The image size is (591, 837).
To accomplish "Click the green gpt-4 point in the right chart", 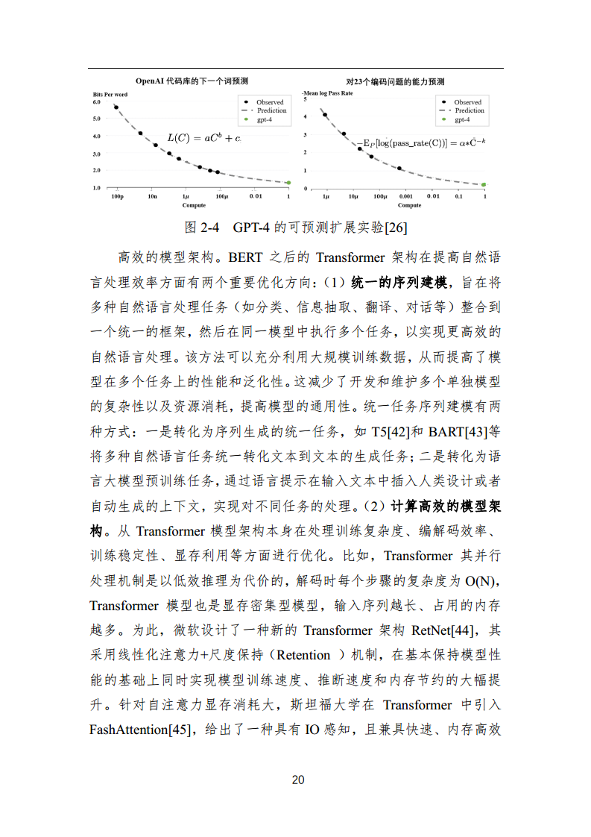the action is tap(484, 184).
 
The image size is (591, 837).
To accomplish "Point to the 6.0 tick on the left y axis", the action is tap(96, 101).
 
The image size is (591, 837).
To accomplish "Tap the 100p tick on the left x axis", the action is tap(117, 196).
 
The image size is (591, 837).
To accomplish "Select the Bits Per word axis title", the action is tap(110, 93).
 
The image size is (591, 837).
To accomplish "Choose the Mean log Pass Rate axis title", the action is tap(327, 93).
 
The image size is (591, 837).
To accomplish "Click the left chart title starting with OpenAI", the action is tap(192, 81).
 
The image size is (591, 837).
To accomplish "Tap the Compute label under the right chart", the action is tap(409, 205).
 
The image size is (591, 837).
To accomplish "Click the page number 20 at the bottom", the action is tap(297, 780).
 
